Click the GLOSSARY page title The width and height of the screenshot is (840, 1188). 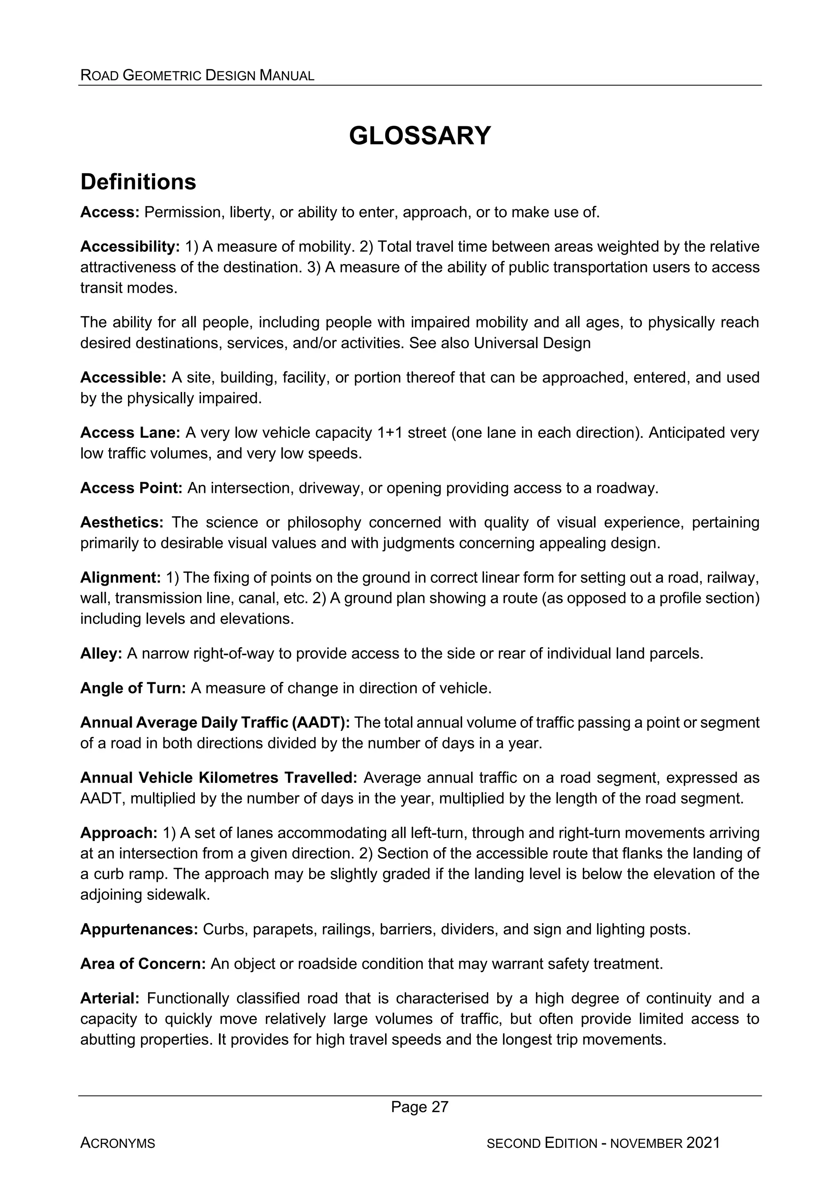tap(419, 136)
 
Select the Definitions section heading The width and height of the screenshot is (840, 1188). tap(138, 182)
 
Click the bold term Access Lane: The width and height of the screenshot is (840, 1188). tap(130, 433)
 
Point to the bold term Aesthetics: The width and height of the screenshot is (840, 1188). tap(122, 522)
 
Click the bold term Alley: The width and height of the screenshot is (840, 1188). tap(101, 654)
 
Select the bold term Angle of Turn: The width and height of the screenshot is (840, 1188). tap(133, 688)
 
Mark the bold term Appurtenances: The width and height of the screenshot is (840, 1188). tap(139, 929)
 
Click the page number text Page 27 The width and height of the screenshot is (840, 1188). tap(420, 1107)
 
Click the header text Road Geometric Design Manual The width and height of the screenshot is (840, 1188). tap(197, 75)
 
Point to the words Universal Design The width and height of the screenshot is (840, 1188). tap(532, 343)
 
